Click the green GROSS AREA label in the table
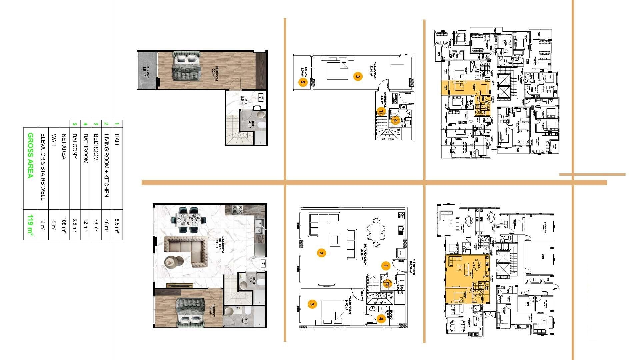(30, 156)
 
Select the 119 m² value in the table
(30, 225)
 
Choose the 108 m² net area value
(64, 225)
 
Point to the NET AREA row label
(64, 147)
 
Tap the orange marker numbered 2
(321, 253)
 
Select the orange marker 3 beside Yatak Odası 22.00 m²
(358, 77)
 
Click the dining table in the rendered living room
(188, 220)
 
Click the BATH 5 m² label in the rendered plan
(245, 320)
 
